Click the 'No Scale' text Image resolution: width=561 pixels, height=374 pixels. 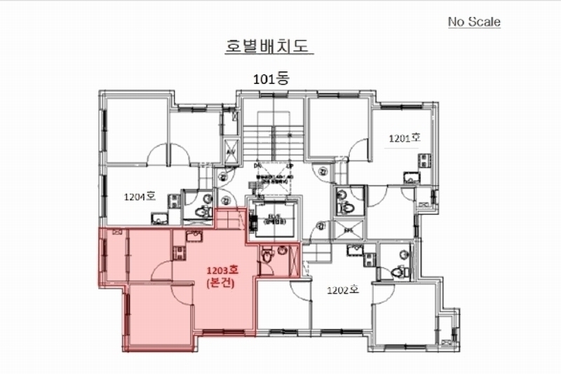pos(475,22)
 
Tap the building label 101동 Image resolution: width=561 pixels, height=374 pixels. pos(271,79)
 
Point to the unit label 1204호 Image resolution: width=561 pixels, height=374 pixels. pos(139,197)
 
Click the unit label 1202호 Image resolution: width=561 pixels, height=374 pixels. pos(343,289)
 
